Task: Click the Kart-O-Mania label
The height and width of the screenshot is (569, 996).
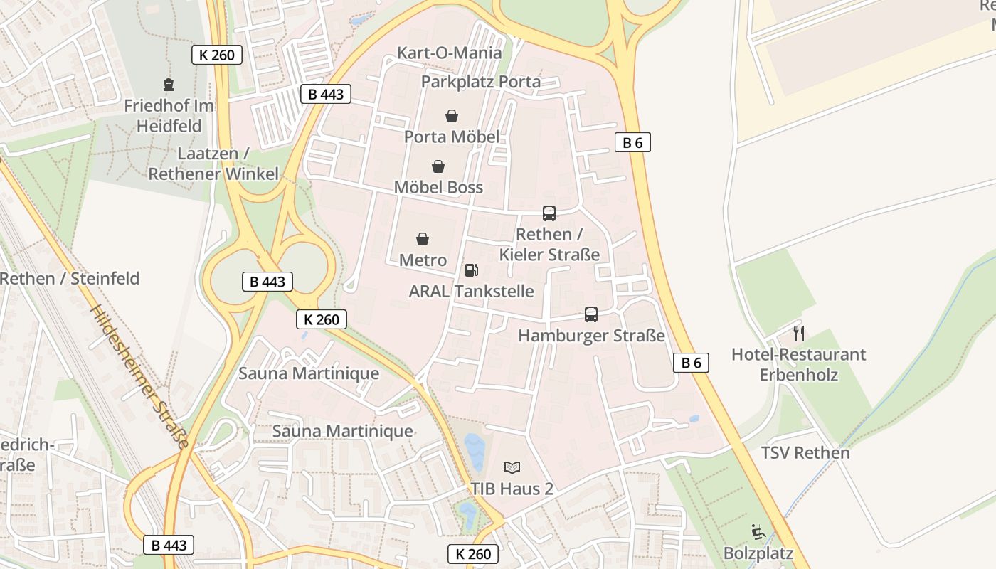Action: click(449, 53)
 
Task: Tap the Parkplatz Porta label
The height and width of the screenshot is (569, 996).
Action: click(480, 82)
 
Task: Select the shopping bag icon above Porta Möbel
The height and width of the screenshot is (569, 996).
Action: click(451, 115)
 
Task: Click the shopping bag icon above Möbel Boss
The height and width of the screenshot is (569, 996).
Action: click(438, 166)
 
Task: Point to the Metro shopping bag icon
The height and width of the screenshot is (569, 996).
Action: click(423, 239)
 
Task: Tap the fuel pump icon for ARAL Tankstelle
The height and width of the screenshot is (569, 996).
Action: click(471, 270)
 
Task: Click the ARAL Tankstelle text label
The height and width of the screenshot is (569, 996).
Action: click(471, 291)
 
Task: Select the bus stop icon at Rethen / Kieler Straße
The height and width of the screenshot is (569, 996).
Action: click(549, 213)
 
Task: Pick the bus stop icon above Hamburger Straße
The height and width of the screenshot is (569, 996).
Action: click(591, 314)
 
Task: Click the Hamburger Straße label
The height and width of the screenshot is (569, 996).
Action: click(591, 335)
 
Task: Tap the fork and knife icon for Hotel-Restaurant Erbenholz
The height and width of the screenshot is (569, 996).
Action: click(799, 333)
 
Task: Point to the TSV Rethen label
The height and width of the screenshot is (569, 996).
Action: click(805, 452)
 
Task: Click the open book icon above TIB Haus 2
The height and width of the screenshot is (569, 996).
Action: click(512, 467)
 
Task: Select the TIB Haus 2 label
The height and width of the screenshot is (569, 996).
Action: click(512, 489)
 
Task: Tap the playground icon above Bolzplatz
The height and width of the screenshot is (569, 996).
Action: click(758, 531)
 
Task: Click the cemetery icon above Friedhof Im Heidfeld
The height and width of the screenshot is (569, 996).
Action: click(169, 85)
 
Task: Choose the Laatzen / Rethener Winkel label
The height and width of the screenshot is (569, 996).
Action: click(213, 164)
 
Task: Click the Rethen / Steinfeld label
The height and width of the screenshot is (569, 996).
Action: click(70, 278)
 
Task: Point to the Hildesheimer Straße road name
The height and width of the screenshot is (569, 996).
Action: click(140, 377)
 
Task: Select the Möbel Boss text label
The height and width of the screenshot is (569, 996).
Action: click(438, 187)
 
